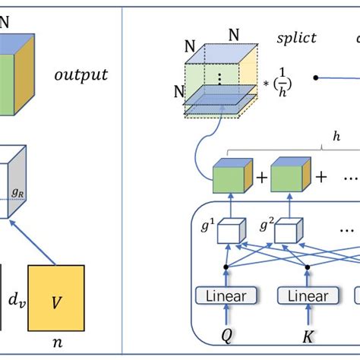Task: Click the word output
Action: tap(81, 74)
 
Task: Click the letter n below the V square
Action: tap(58, 342)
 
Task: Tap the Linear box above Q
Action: tap(226, 295)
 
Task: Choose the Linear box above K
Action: tap(307, 295)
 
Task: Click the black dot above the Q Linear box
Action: tap(226, 267)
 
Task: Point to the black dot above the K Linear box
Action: tap(307, 267)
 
